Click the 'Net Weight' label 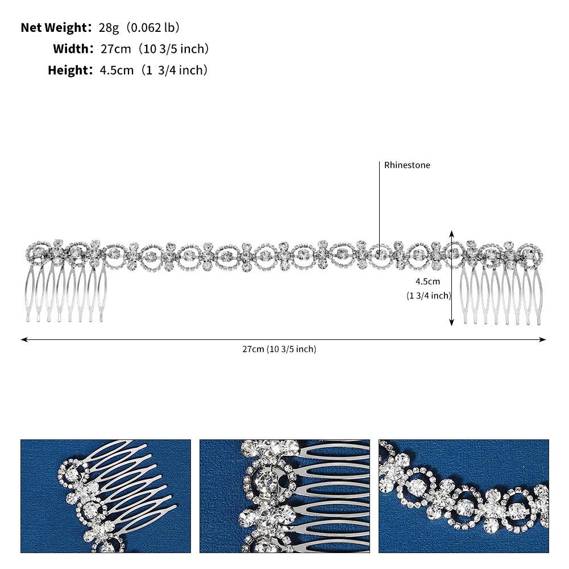(x=54, y=28)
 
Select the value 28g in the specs (x=109, y=28)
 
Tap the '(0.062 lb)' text (x=152, y=28)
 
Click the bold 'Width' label (x=71, y=49)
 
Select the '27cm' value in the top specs (x=116, y=49)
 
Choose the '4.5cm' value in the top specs (x=117, y=70)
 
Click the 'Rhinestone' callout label (x=407, y=165)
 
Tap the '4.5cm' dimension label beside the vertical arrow (x=428, y=281)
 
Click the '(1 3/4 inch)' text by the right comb (x=429, y=296)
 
